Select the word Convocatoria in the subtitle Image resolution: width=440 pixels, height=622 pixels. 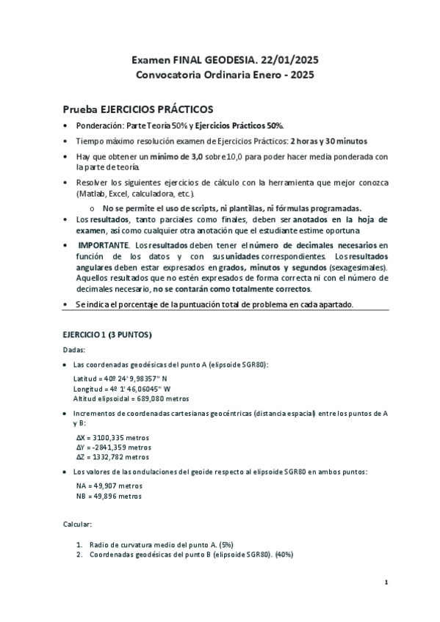[170, 74]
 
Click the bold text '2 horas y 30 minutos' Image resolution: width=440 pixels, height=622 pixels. [328, 141]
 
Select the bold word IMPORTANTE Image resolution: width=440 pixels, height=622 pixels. [102, 244]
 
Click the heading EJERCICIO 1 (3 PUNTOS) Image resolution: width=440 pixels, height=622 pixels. [107, 335]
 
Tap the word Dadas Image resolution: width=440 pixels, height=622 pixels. [76, 350]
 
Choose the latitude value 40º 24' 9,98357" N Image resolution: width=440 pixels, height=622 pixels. [137, 378]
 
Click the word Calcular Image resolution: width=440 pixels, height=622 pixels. [78, 525]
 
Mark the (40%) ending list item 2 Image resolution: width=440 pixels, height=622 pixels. [284, 555]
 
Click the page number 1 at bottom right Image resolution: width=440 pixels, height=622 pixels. [386, 582]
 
